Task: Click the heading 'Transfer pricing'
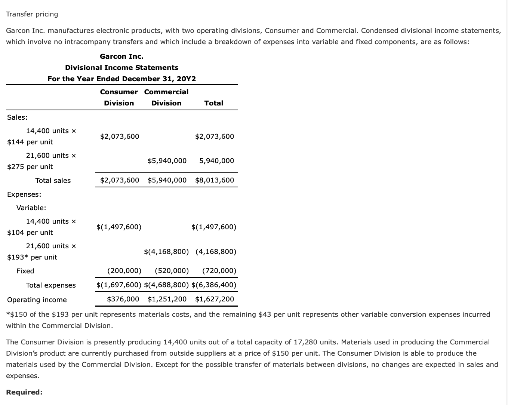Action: (x=32, y=14)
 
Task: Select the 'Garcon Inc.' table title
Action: (x=121, y=56)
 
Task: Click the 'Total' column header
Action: (x=213, y=103)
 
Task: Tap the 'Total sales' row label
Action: (x=53, y=181)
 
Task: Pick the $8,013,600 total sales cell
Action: (x=215, y=180)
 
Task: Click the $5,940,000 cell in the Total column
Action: (x=216, y=161)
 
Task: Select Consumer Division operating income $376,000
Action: (x=123, y=299)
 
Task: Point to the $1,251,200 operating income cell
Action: (x=167, y=299)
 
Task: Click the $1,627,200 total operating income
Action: (x=215, y=299)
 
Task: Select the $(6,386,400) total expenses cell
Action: (x=214, y=285)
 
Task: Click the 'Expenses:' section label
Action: (x=24, y=194)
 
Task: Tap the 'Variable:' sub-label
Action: (x=31, y=208)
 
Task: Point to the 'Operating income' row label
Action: (x=37, y=300)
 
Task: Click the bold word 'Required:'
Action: (x=24, y=392)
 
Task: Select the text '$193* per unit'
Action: (x=32, y=257)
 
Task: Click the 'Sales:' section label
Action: (x=17, y=117)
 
